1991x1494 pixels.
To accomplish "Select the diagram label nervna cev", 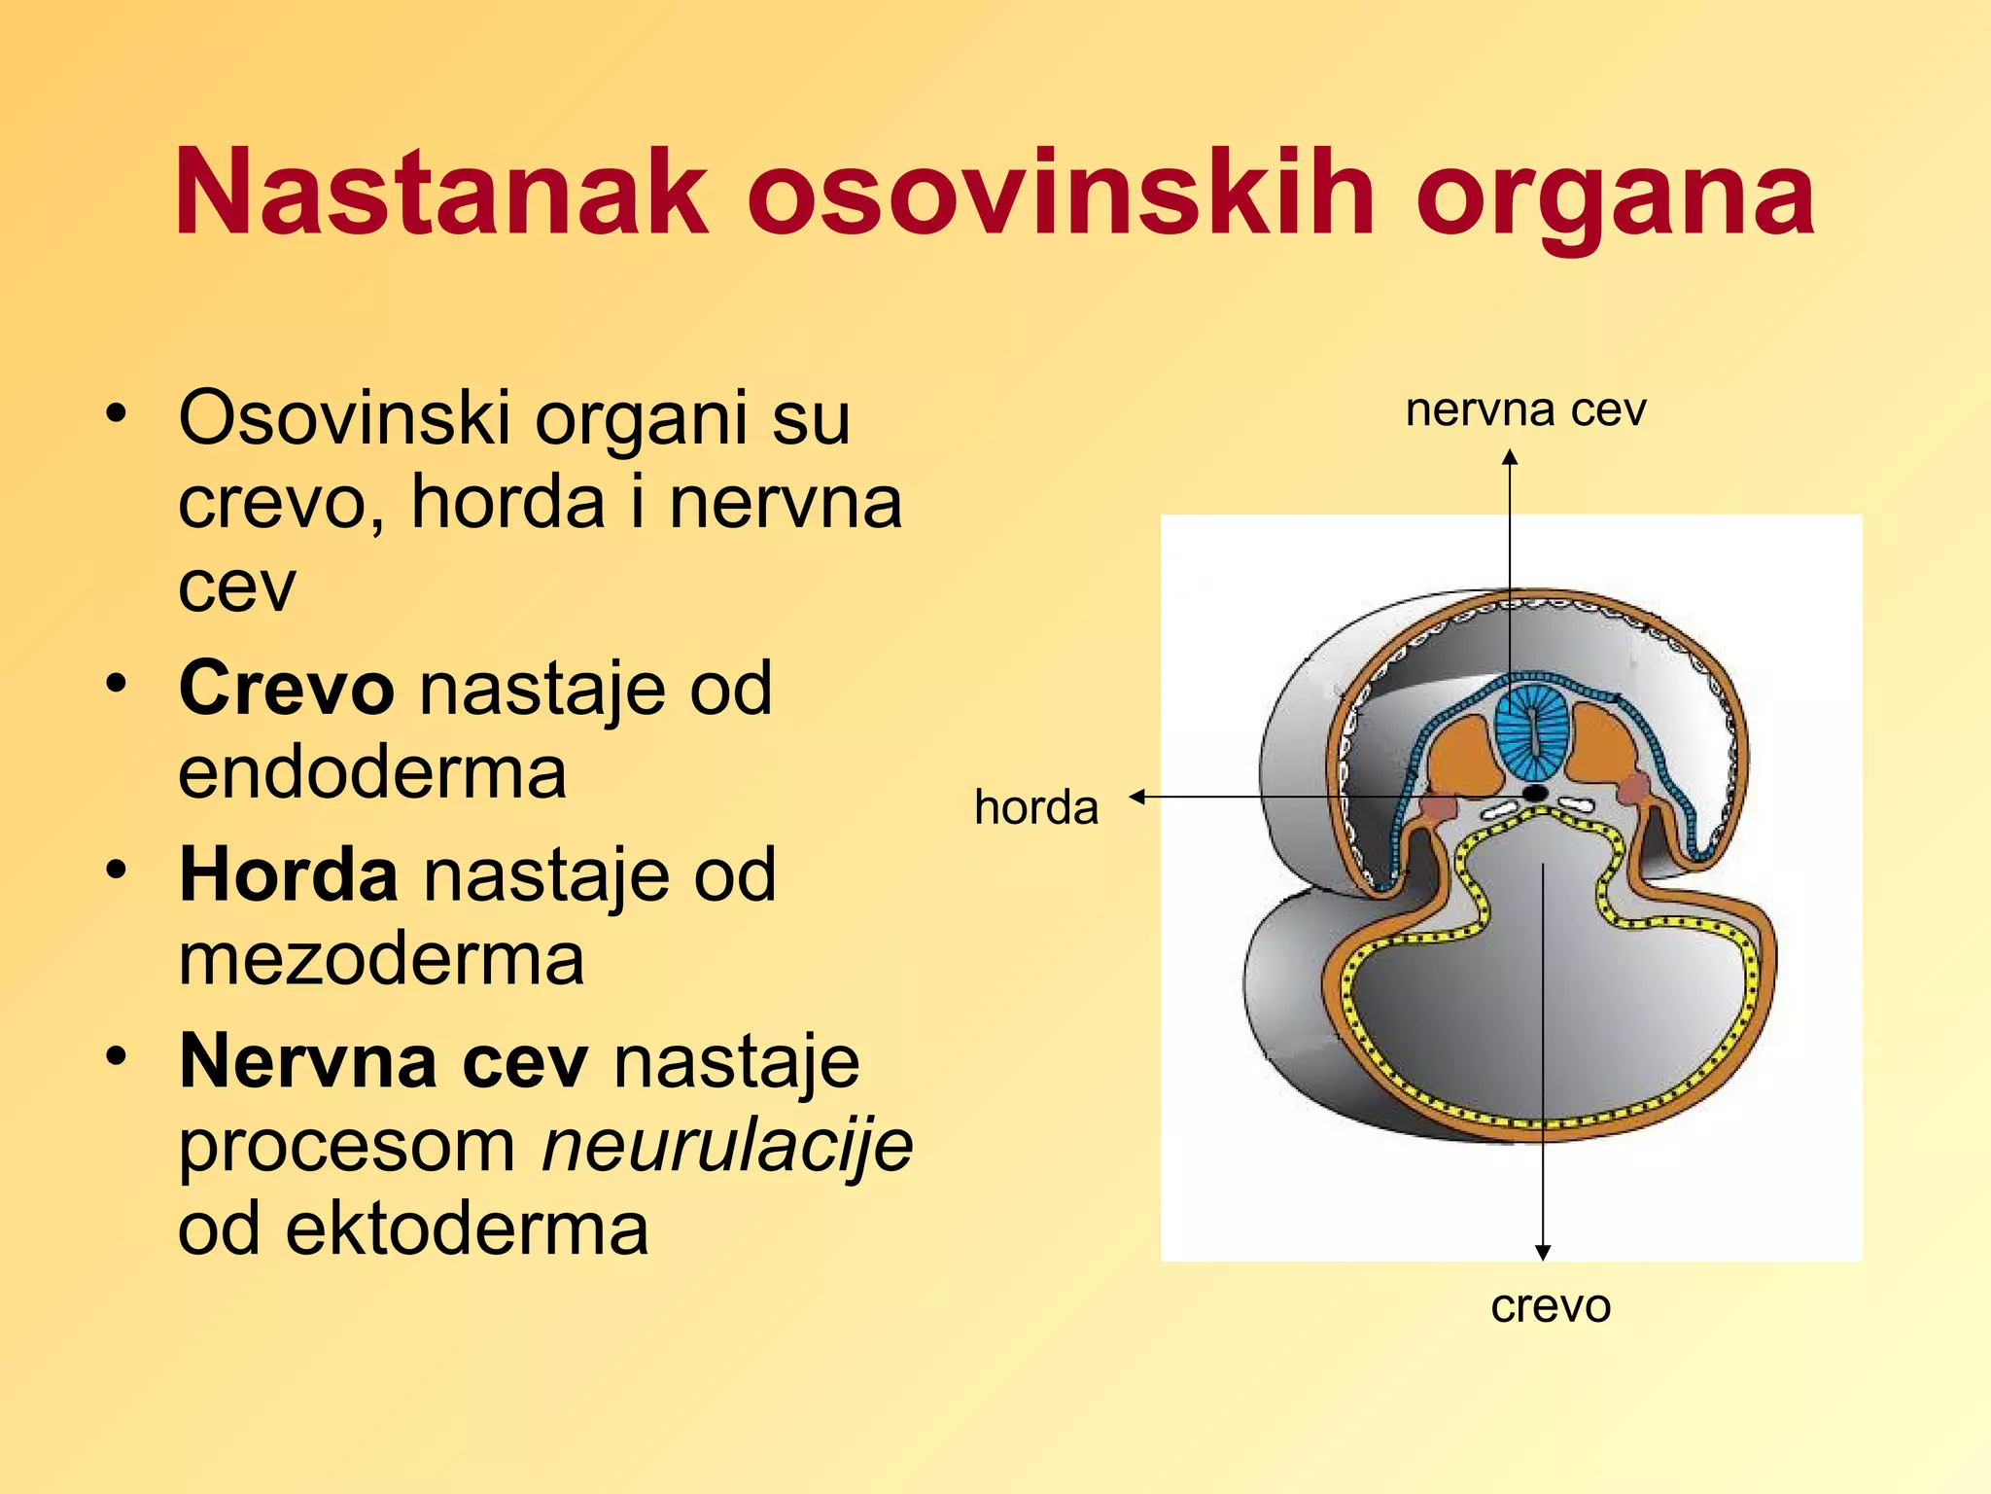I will point(1525,409).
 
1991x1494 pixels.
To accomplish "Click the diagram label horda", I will point(1036,807).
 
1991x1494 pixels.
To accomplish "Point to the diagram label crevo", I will point(1551,1305).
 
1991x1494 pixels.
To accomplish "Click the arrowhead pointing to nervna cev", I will point(1510,456).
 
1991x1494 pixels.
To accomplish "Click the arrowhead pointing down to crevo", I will point(1543,1253).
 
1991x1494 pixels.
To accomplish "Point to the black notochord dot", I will point(1535,794).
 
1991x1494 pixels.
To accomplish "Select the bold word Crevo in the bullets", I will point(286,688).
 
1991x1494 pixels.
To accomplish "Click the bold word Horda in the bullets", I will point(288,874).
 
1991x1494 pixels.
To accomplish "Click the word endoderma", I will point(372,772).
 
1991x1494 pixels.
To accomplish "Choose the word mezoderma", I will point(381,959).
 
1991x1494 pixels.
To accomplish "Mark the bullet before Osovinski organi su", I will point(117,413).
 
